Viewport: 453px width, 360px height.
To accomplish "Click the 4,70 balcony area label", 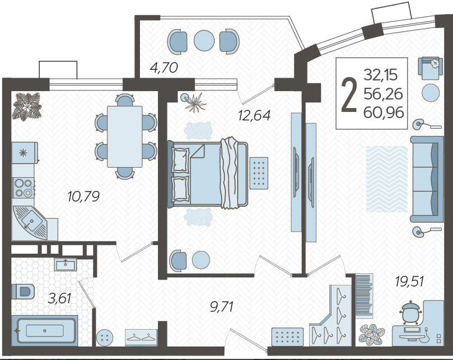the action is (x=164, y=67).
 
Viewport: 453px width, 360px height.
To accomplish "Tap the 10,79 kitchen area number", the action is (x=83, y=197).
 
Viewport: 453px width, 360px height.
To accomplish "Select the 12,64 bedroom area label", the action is (x=254, y=115).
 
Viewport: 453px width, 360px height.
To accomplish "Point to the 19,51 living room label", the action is (x=410, y=281).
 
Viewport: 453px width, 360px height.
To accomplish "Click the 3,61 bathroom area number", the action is (x=60, y=298).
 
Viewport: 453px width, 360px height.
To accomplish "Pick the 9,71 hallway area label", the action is (x=221, y=307).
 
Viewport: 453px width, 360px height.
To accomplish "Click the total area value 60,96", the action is (x=383, y=112).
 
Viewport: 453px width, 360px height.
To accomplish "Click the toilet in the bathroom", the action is (x=23, y=291).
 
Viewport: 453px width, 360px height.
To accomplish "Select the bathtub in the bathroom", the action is (x=45, y=331).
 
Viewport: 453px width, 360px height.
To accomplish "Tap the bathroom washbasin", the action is (x=66, y=264).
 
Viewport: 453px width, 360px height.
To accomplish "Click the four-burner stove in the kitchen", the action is (x=24, y=188).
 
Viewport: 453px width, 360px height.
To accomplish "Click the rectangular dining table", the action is (x=125, y=137).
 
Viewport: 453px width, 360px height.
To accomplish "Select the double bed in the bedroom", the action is (x=207, y=174).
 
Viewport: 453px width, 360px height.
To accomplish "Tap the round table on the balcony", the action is (x=204, y=40).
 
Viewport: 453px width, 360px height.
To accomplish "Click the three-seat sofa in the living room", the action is (x=427, y=179).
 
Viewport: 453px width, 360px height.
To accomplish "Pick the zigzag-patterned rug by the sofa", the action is (x=387, y=179).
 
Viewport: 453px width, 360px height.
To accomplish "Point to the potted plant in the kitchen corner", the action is (x=26, y=106).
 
